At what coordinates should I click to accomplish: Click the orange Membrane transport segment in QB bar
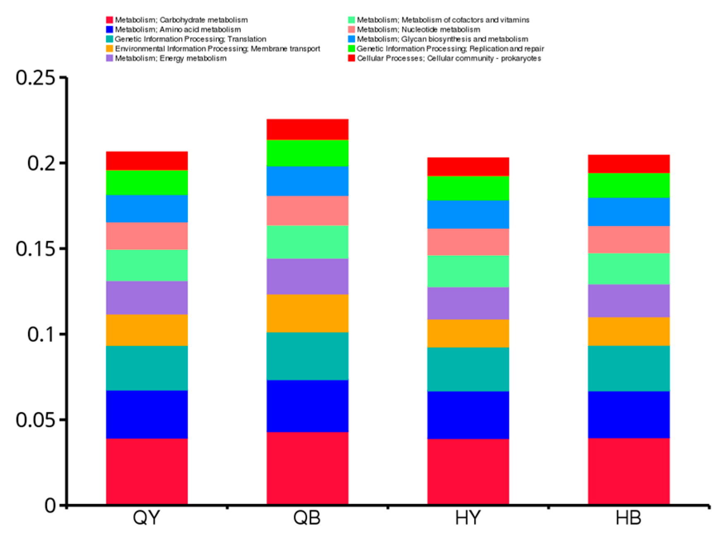(x=307, y=313)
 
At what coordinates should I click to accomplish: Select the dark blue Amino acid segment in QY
(x=147, y=414)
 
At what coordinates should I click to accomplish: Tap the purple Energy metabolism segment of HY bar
(x=468, y=303)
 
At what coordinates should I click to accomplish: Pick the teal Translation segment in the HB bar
(x=629, y=368)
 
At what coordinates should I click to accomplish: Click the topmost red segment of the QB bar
(x=307, y=129)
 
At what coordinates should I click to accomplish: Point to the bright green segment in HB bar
(x=629, y=185)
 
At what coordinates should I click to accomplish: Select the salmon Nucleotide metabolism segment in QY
(x=147, y=236)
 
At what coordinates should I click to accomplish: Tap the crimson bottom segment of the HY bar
(x=468, y=471)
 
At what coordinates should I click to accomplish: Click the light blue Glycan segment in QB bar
(x=307, y=181)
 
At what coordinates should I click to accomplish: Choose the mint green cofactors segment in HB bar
(x=629, y=269)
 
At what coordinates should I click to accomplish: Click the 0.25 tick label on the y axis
(x=36, y=78)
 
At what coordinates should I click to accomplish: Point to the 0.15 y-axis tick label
(x=36, y=249)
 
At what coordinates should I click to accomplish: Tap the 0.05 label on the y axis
(x=36, y=420)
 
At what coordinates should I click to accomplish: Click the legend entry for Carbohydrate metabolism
(x=181, y=20)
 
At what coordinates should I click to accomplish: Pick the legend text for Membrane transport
(x=217, y=49)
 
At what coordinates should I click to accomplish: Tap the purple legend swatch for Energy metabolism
(x=110, y=58)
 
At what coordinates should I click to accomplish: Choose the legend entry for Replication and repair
(x=450, y=49)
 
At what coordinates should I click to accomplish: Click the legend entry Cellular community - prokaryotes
(x=449, y=58)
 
